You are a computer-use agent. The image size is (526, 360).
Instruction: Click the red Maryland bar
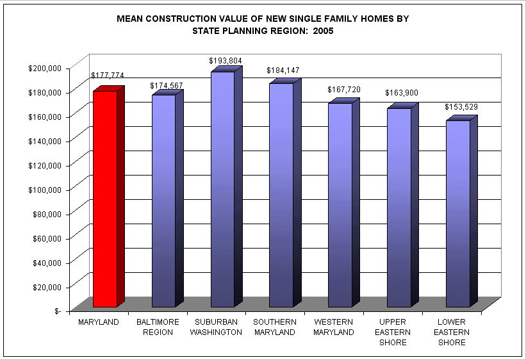[105, 199]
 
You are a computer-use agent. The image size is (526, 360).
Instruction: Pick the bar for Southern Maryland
[281, 195]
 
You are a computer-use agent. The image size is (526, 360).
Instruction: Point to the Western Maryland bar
[340, 204]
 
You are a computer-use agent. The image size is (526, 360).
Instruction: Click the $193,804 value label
[225, 61]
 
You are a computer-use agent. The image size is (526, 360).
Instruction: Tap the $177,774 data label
[108, 76]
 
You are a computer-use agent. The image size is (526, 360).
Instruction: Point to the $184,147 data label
[283, 70]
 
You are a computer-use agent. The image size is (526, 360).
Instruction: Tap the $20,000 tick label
[47, 286]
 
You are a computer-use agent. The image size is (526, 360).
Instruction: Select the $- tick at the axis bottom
[58, 311]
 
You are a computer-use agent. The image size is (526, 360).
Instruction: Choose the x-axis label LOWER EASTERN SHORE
[451, 332]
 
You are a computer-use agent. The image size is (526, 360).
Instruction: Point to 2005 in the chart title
[323, 31]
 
